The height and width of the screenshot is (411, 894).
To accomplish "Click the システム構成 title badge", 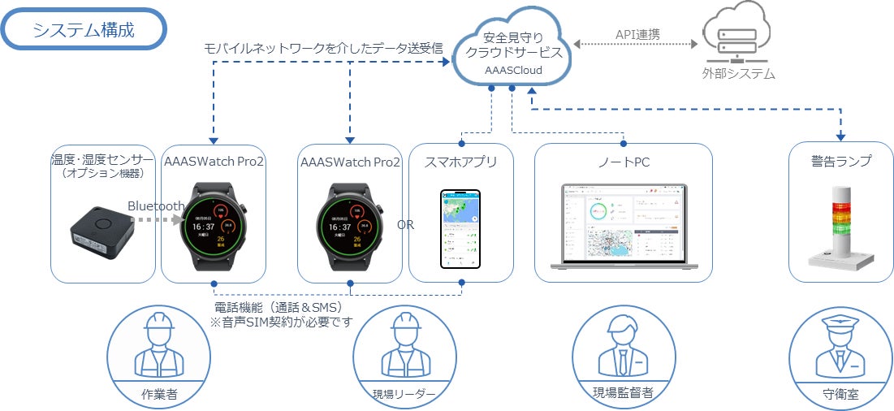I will (84, 30).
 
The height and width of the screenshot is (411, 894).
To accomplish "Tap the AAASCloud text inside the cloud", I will (513, 71).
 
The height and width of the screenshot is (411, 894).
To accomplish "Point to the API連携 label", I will (636, 35).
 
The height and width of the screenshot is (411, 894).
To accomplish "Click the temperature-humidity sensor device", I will (102, 228).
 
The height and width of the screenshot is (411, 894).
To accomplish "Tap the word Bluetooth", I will (156, 206).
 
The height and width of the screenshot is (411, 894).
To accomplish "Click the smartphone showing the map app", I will (460, 228).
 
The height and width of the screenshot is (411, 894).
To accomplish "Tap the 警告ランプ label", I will (841, 162).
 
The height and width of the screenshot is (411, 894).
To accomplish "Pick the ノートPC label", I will (623, 162).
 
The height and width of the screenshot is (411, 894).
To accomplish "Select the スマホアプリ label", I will (460, 162).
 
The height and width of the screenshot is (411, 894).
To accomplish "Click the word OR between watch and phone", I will (405, 225).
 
